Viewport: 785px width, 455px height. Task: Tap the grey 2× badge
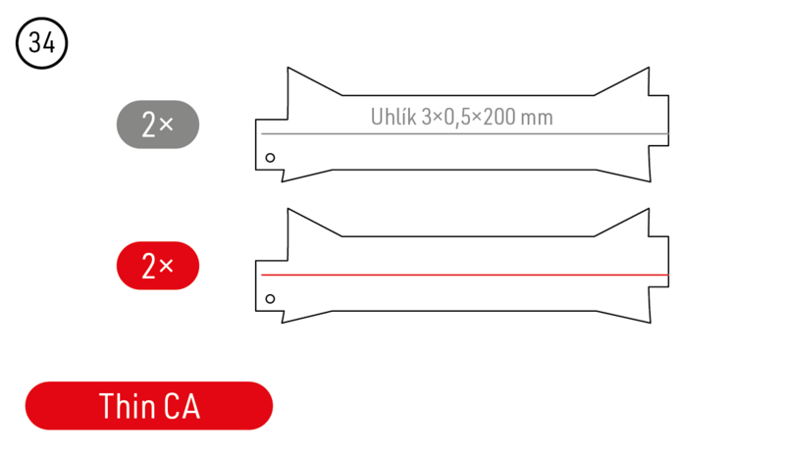click(x=158, y=125)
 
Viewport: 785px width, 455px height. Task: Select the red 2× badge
click(x=158, y=266)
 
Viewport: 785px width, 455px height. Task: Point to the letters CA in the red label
click(x=182, y=406)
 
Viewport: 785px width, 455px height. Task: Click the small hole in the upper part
click(x=271, y=157)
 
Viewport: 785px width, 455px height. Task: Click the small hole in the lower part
click(x=271, y=298)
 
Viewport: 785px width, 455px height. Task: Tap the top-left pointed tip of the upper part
click(x=287, y=68)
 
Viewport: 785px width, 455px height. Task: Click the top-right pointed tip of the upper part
click(x=649, y=68)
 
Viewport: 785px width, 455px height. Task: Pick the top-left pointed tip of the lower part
click(x=287, y=209)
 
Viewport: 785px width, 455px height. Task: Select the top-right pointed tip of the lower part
click(x=649, y=209)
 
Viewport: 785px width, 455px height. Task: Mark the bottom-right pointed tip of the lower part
click(x=649, y=323)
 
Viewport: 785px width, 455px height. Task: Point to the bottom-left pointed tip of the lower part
click(x=285, y=323)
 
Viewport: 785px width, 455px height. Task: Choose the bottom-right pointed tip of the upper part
click(x=649, y=181)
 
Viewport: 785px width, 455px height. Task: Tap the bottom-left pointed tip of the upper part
click(x=285, y=181)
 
